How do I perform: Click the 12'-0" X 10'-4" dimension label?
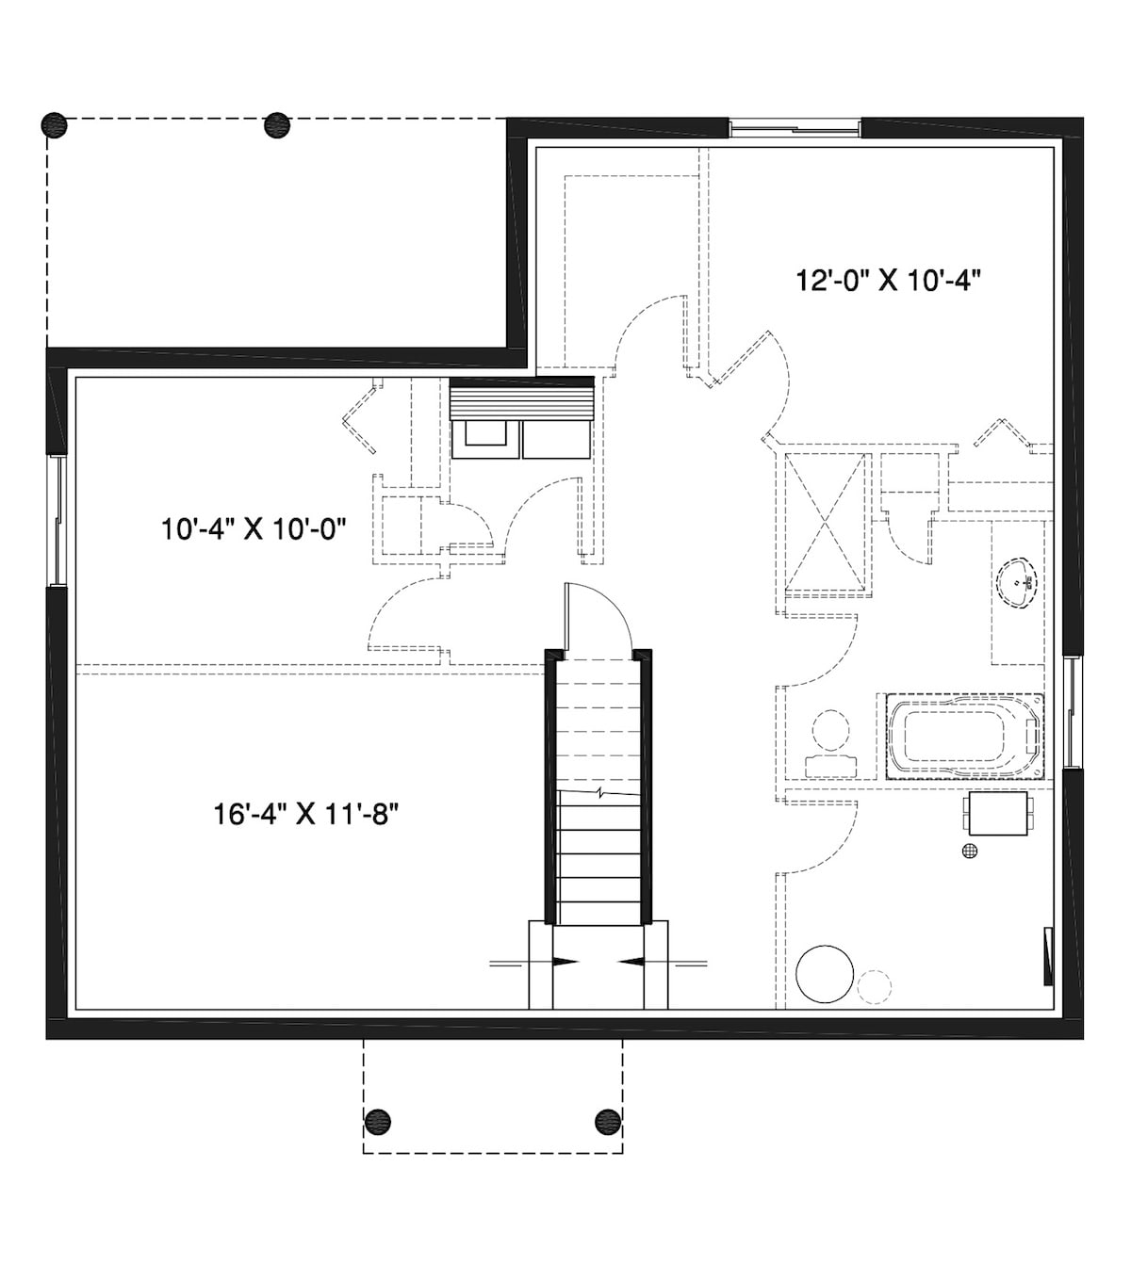pos(890,281)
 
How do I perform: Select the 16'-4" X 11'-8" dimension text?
pos(300,813)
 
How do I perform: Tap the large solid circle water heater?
pos(825,973)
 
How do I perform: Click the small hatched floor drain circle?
pos(970,851)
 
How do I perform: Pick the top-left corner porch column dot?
pos(56,124)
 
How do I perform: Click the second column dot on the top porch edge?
pos(277,124)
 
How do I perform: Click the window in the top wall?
pos(795,127)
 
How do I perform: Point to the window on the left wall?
pos(57,521)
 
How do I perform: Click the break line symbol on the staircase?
pos(599,792)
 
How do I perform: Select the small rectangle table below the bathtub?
pos(997,813)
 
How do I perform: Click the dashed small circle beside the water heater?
pos(875,985)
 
